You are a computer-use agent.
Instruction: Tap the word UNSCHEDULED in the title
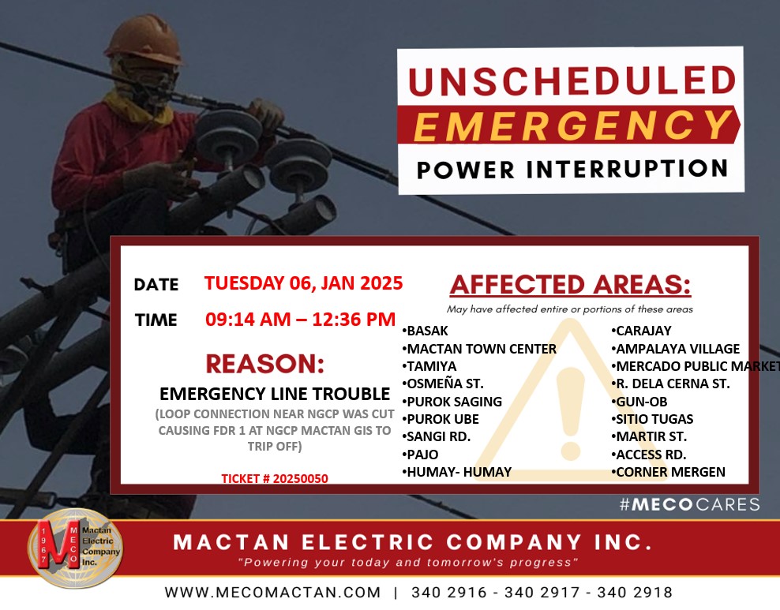(572, 80)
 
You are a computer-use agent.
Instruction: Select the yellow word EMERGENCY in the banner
(572, 125)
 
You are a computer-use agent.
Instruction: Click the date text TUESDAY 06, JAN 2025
(303, 283)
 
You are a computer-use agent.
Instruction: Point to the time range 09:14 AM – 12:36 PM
(301, 319)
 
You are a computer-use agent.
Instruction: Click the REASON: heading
(265, 364)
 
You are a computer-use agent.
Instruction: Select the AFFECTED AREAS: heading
(571, 285)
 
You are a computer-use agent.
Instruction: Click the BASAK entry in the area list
(426, 331)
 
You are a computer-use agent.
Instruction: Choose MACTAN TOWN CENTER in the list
(479, 349)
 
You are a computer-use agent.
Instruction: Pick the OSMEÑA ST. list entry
(443, 384)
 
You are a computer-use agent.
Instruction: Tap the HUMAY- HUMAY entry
(457, 472)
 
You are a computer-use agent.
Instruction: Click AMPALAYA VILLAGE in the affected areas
(676, 349)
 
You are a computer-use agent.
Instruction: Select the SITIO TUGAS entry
(652, 420)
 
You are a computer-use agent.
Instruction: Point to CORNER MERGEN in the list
(668, 472)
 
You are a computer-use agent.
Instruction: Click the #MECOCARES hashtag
(689, 504)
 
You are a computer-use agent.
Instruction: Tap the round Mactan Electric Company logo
(75, 548)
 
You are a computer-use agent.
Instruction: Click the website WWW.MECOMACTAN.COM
(272, 593)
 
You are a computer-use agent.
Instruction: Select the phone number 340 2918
(635, 593)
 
